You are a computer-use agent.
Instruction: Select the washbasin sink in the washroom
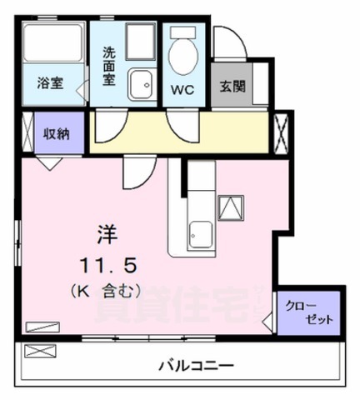click(x=141, y=83)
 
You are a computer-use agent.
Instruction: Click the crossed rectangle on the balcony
click(x=39, y=351)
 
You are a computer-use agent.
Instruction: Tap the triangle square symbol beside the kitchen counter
click(x=231, y=207)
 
